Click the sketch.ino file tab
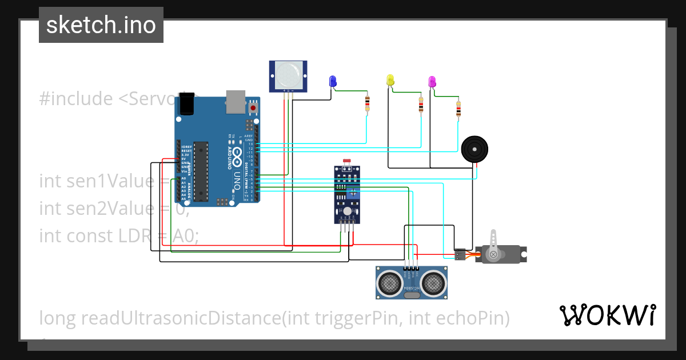(x=101, y=25)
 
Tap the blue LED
(x=333, y=81)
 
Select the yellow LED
(x=390, y=80)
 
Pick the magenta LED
(x=432, y=81)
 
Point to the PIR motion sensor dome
(x=288, y=74)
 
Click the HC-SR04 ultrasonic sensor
(x=411, y=282)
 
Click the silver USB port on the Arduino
(x=235, y=101)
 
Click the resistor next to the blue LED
(x=367, y=103)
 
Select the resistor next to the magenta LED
(x=458, y=109)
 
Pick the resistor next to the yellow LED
(x=421, y=104)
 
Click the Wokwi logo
(x=607, y=315)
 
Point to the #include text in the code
(x=76, y=99)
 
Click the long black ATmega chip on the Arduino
(x=201, y=171)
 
